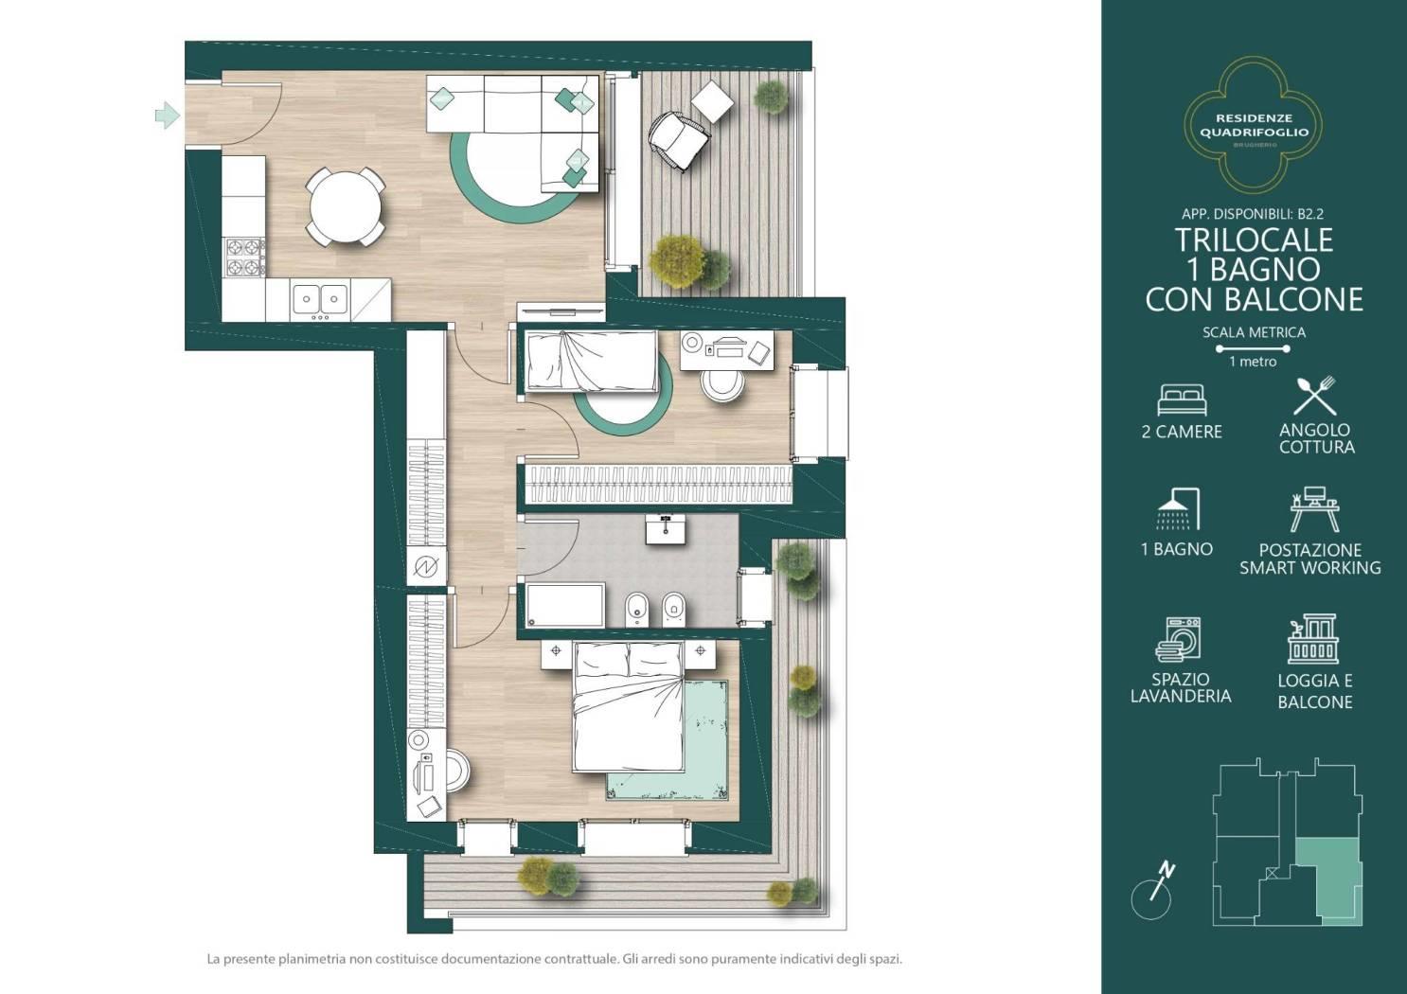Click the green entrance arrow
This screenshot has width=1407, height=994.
coord(167,115)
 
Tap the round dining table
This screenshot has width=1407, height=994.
coord(345,206)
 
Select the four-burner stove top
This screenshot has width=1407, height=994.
coord(244,257)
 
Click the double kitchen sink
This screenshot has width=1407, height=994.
coord(320,299)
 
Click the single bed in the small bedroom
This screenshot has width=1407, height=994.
coord(592,361)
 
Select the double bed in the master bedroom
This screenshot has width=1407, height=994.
coord(628,706)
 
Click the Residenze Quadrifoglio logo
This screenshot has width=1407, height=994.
coord(1254,124)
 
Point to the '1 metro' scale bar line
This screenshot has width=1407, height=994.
coord(1254,348)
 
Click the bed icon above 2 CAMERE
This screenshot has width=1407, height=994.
coord(1183,400)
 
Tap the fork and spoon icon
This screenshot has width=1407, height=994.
coord(1314,396)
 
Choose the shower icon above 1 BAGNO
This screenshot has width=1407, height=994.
coord(1179,509)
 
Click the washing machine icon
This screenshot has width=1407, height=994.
coord(1179,639)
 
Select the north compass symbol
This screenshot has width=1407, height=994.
coord(1152,892)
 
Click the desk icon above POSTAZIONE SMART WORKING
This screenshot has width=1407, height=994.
coord(1314,509)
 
